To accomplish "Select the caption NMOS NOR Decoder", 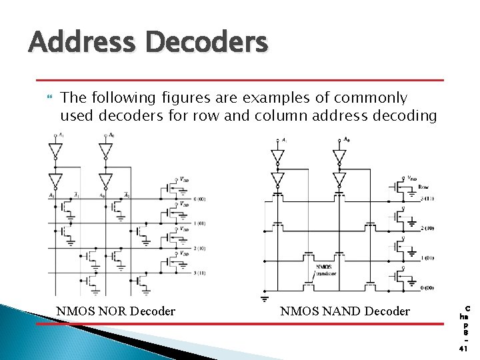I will click(x=116, y=311).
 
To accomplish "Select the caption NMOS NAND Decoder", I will click(x=345, y=311).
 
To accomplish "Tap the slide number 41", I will click(x=465, y=347).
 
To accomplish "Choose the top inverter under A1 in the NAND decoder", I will click(x=278, y=156).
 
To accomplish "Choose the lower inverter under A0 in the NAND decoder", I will click(x=339, y=179).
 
